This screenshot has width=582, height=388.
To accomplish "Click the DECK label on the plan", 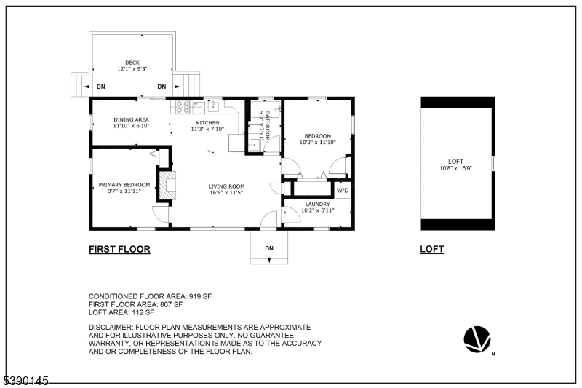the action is tap(132, 63).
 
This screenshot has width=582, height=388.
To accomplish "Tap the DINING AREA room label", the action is tap(132, 119).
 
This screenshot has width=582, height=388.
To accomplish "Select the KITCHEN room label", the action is tap(207, 122).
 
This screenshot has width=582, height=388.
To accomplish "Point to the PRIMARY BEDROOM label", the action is tap(124, 184).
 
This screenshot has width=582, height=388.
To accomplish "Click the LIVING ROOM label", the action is tap(226, 186).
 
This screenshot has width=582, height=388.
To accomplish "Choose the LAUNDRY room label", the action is tap(317, 205).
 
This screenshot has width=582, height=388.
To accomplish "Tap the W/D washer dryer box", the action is tap(343, 191).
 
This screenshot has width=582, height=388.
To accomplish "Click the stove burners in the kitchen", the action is tap(183, 107).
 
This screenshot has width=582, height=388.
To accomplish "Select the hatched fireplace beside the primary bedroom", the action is tap(167, 186).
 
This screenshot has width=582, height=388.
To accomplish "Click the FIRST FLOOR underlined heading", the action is tap(119, 249).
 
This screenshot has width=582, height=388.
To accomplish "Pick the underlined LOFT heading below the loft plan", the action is tap(431, 249).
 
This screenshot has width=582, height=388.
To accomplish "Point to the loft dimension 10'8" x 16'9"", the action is tap(456, 168).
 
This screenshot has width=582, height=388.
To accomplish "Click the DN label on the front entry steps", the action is tap(269, 248).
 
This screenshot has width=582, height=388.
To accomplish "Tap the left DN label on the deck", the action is tap(101, 87).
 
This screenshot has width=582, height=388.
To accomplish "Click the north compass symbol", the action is tap(477, 339).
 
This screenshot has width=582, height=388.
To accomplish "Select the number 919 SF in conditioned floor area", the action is tap(200, 296).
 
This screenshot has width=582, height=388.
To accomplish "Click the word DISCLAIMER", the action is tap(111, 328).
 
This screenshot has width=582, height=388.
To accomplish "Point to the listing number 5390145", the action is tap(26, 381).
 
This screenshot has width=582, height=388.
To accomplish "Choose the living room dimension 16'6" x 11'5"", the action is tap(226, 193).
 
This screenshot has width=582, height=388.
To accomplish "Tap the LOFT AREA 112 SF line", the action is tap(121, 312).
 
